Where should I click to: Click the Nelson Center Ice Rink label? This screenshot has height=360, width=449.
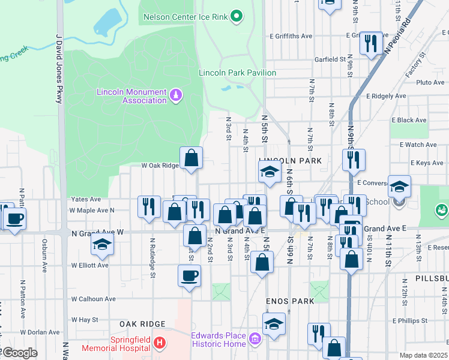pyautogui.click(x=185, y=17)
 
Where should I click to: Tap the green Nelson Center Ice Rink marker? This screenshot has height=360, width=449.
pyautogui.click(x=237, y=16)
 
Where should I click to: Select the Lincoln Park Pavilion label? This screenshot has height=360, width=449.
pyautogui.click(x=238, y=73)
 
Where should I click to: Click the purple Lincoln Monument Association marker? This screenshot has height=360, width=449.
pyautogui.click(x=176, y=95)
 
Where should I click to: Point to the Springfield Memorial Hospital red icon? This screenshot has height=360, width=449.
pyautogui.click(x=159, y=343)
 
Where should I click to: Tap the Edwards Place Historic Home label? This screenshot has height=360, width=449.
pyautogui.click(x=218, y=340)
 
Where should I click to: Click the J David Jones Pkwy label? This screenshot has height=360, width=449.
pyautogui.click(x=59, y=69)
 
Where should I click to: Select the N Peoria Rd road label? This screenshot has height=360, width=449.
pyautogui.click(x=398, y=37)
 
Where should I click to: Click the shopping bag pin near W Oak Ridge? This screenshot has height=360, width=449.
pyautogui.click(x=191, y=159)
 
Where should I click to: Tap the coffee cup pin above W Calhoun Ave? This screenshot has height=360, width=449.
pyautogui.click(x=190, y=276)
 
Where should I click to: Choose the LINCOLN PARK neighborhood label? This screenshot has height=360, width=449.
pyautogui.click(x=291, y=161)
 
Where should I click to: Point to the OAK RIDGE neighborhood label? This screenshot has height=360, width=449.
pyautogui.click(x=142, y=324)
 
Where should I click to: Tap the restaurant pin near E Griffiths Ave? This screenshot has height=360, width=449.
pyautogui.click(x=370, y=43)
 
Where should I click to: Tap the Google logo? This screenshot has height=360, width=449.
pyautogui.click(x=19, y=353)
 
